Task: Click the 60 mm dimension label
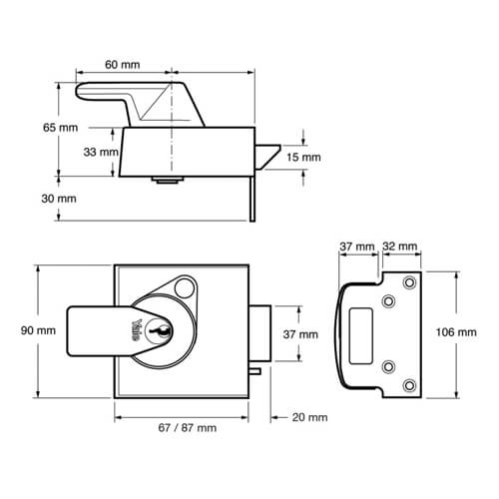point(123,65)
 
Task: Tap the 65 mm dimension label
point(60,128)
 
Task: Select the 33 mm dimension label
point(101,152)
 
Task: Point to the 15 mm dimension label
point(303,157)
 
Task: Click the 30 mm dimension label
point(59,199)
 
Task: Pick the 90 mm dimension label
point(38,330)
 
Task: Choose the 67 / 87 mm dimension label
point(188,427)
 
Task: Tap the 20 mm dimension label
point(309,417)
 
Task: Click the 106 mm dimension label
point(456,332)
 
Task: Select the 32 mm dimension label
point(399,247)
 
